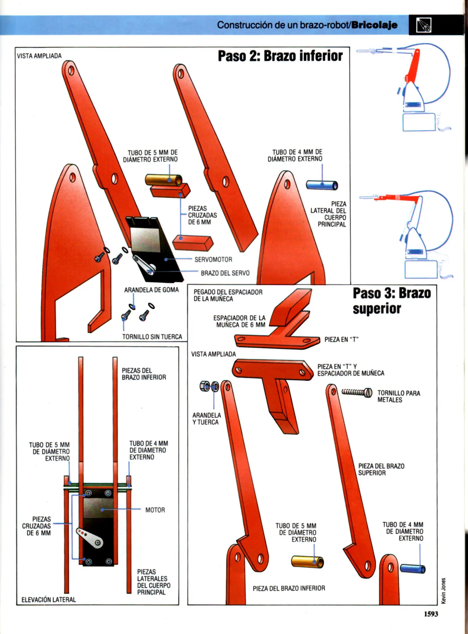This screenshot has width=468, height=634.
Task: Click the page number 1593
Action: (x=431, y=614)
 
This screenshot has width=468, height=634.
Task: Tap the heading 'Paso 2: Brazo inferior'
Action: (x=280, y=56)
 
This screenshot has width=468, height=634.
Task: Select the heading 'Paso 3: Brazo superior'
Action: (x=392, y=301)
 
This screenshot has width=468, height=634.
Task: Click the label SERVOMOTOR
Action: (x=213, y=259)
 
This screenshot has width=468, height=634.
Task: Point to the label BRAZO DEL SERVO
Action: (x=225, y=273)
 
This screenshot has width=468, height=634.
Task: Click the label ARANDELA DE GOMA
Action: (x=151, y=290)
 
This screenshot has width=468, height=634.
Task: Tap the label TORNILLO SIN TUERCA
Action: (x=152, y=337)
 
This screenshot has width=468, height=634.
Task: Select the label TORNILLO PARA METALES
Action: (x=398, y=396)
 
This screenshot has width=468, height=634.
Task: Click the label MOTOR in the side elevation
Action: (x=155, y=510)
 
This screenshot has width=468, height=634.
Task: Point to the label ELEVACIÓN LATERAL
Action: (x=49, y=600)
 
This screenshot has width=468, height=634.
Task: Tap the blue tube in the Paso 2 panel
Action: (x=322, y=185)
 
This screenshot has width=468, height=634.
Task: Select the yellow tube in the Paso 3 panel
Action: (x=308, y=562)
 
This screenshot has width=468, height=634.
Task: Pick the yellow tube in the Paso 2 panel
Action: (x=164, y=180)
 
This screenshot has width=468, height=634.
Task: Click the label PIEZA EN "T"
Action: (x=342, y=340)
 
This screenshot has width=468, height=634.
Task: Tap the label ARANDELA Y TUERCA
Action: (x=207, y=419)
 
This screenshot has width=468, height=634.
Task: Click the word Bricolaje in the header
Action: (x=375, y=25)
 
